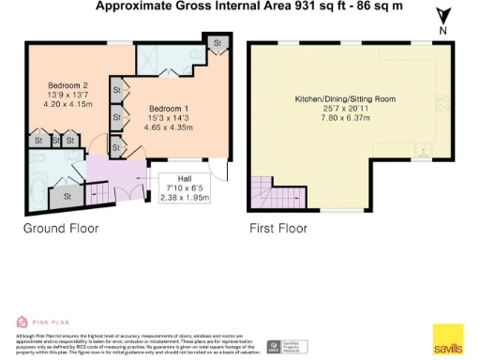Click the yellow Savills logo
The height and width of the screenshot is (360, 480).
pyautogui.click(x=447, y=339)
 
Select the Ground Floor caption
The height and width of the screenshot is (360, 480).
pyautogui.click(x=60, y=228)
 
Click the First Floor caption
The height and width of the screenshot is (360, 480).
pyautogui.click(x=278, y=228)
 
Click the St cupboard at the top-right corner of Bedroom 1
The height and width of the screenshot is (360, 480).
pyautogui.click(x=216, y=43)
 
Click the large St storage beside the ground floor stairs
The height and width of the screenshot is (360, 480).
pyautogui.click(x=67, y=198)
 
